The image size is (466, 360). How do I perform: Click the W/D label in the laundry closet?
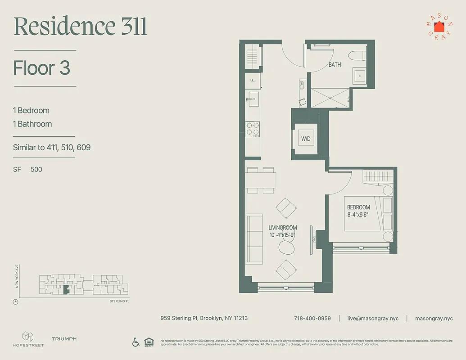pos(306,139)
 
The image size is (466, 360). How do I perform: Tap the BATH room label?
pos(335,65)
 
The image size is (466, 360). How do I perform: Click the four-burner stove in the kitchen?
pos(252,129)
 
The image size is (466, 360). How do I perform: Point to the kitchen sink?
pos(253,99)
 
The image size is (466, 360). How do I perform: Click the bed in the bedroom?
pos(368,214)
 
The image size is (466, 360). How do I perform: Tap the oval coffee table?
pos(287,247)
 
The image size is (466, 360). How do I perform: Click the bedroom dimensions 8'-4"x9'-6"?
pos(358,215)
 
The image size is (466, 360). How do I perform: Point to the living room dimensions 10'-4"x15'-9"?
pos(282,234)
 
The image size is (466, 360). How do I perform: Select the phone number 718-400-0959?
pos(312,318)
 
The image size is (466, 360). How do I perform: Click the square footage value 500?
pos(36,169)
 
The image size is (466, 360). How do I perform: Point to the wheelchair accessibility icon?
pos(136,342)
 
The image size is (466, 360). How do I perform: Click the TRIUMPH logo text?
pos(64,339)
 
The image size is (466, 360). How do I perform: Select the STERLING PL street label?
pos(119,301)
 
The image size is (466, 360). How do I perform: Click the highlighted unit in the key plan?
pos(66,290)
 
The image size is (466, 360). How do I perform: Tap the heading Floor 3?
pos(42,68)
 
